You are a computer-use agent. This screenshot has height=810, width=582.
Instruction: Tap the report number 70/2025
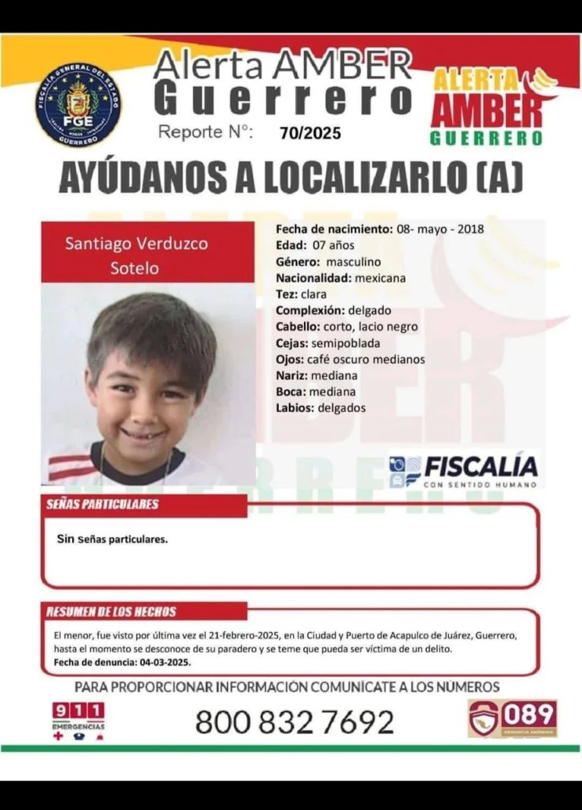(x=310, y=133)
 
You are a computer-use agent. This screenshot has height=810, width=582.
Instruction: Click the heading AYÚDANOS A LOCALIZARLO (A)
(x=291, y=179)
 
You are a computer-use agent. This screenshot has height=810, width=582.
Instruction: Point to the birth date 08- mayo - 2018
(x=439, y=229)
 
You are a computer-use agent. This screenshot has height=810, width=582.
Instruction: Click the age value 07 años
(x=327, y=244)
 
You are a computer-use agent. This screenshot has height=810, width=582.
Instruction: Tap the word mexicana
(x=380, y=278)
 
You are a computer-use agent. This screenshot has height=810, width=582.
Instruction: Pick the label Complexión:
(x=310, y=310)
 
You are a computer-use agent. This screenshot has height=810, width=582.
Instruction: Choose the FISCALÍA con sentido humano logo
(x=464, y=471)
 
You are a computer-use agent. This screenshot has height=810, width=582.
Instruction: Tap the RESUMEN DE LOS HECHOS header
(x=112, y=611)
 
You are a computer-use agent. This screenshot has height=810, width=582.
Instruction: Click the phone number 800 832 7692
(x=294, y=721)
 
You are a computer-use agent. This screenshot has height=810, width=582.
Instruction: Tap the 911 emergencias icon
(x=78, y=718)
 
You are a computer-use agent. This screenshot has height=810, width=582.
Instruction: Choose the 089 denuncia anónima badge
(x=512, y=717)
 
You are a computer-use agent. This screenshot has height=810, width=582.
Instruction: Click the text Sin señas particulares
(x=112, y=539)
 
